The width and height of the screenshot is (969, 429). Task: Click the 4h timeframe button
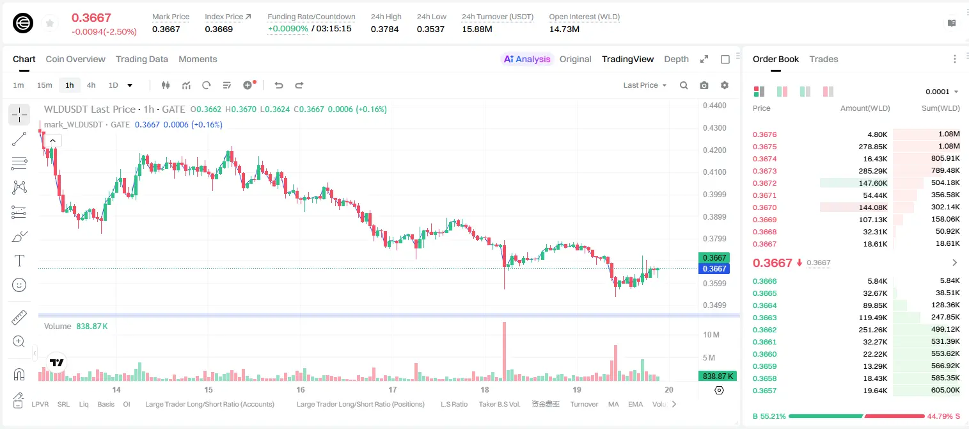point(91,85)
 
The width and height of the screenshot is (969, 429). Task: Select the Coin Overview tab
point(75,59)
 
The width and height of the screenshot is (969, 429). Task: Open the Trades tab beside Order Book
point(824,59)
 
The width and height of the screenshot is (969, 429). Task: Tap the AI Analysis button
point(527,59)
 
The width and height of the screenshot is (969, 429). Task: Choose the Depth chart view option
point(676,59)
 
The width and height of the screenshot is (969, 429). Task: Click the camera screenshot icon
point(704,85)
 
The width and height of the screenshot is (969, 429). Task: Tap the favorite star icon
point(50,23)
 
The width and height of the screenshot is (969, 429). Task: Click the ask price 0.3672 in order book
point(764,183)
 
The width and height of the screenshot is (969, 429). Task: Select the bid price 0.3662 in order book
point(764,330)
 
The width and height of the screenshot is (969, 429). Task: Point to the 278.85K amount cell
point(872,147)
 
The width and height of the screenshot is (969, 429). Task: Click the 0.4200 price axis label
point(714,150)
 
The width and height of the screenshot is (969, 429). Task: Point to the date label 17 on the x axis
point(392,389)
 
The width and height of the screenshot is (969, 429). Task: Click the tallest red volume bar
point(505,352)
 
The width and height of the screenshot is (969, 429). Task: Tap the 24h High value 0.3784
point(384,29)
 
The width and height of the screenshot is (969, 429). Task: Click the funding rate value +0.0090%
point(288,29)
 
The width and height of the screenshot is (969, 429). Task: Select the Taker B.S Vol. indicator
point(499,404)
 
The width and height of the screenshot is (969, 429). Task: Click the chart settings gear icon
point(725,85)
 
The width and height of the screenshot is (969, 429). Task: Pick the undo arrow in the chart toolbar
point(279,85)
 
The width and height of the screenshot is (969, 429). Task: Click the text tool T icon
point(19,261)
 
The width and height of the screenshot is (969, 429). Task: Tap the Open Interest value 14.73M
point(564,29)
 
